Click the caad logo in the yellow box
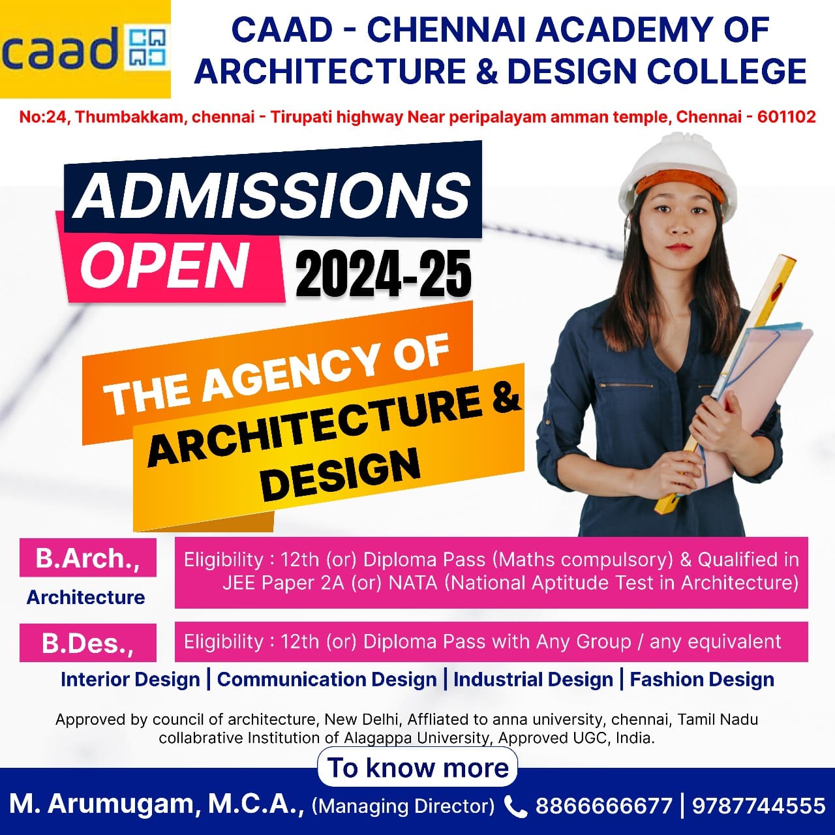click(x=85, y=49)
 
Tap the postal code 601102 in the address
click(x=786, y=117)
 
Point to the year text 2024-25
click(x=384, y=275)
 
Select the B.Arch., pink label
click(x=88, y=558)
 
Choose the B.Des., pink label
click(x=88, y=643)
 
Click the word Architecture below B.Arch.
click(x=86, y=597)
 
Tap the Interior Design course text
click(x=130, y=679)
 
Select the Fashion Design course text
click(x=702, y=679)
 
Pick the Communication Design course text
click(x=327, y=679)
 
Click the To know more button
click(x=417, y=768)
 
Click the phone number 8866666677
click(x=603, y=806)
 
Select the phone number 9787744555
click(x=759, y=806)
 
